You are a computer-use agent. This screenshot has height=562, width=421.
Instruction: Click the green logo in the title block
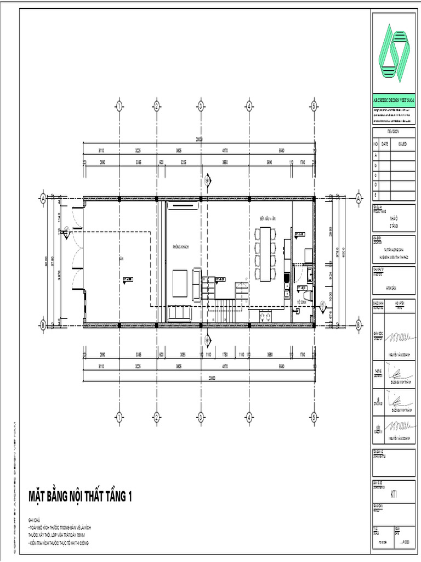[394, 50]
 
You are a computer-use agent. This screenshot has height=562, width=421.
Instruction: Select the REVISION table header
[393, 132]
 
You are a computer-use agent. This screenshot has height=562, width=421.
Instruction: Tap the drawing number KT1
[393, 493]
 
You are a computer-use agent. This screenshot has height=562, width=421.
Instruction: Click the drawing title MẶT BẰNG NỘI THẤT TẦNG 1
[81, 497]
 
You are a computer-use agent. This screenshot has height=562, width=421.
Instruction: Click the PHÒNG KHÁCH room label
[180, 247]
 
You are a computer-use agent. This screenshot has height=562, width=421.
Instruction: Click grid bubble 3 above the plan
[201, 106]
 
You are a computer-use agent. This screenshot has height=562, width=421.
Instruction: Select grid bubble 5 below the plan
[314, 418]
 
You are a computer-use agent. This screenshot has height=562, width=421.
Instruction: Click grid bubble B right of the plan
[358, 325]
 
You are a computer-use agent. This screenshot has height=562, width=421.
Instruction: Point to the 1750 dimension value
[224, 355]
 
